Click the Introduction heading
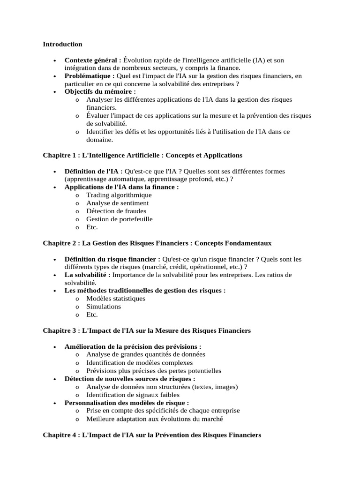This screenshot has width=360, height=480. tap(62, 44)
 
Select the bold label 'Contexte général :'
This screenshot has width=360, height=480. tap(93, 60)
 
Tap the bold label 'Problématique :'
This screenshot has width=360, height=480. tap(90, 76)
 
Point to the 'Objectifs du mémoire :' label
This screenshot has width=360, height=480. tap(100, 92)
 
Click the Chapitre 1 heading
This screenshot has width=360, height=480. tap(142, 155)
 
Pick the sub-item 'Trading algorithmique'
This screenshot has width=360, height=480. tap(119, 195)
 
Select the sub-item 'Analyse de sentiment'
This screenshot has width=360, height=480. tap(118, 203)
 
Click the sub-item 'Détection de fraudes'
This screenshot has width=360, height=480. tap(116, 211)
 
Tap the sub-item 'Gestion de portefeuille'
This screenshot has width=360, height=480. tap(120, 219)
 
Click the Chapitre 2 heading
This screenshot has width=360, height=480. tap(157, 243)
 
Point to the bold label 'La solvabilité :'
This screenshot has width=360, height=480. tap(88, 275)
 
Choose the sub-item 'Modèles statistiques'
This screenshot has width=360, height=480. tap(116, 299)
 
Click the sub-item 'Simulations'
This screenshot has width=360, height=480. tap(104, 307)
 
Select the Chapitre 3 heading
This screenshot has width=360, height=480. tap(147, 330)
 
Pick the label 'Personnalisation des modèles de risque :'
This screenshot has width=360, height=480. tap(127, 403)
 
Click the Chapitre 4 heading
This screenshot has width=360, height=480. tap(152, 435)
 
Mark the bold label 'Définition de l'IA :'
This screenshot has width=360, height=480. tap(94, 171)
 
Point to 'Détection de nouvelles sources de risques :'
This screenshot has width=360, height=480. tap(130, 379)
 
